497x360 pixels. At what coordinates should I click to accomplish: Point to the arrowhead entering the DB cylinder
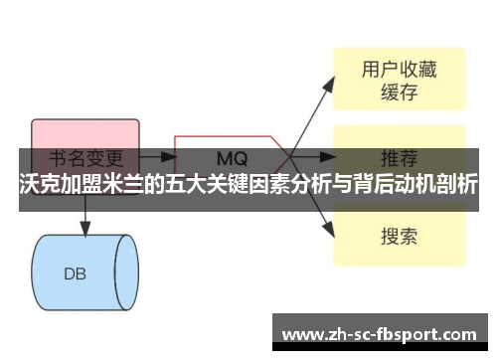[85, 229]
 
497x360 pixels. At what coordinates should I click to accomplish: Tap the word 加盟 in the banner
[82, 186]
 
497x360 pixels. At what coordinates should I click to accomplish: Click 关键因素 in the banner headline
[249, 186]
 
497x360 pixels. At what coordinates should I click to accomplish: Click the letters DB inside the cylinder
[76, 272]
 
